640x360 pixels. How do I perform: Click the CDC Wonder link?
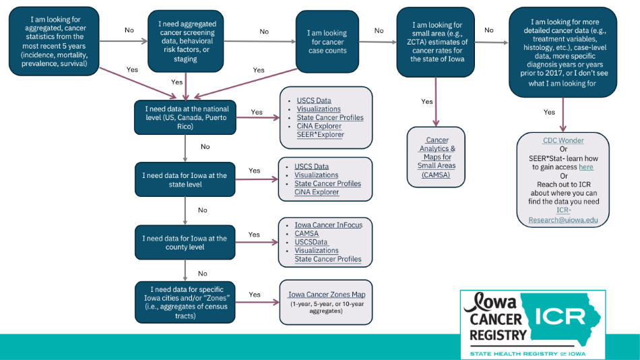click(563, 141)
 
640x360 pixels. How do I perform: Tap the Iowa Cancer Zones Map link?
click(327, 295)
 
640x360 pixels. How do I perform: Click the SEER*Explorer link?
click(321, 135)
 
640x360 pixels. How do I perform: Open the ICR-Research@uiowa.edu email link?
click(563, 215)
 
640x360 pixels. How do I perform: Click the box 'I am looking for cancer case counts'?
click(327, 42)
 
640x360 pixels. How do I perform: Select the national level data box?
click(185, 117)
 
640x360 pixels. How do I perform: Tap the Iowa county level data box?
click(185, 243)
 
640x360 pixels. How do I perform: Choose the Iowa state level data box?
click(185, 180)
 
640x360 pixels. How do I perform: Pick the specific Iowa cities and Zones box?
click(185, 302)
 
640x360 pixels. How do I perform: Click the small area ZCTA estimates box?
click(437, 42)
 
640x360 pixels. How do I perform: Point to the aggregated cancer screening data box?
click(187, 42)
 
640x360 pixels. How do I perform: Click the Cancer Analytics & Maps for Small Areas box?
click(437, 157)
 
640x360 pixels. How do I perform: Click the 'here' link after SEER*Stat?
click(586, 167)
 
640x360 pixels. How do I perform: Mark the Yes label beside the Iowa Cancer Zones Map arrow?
click(255, 295)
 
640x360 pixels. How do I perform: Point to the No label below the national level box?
click(205, 146)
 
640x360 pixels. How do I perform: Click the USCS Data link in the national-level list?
click(314, 100)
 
